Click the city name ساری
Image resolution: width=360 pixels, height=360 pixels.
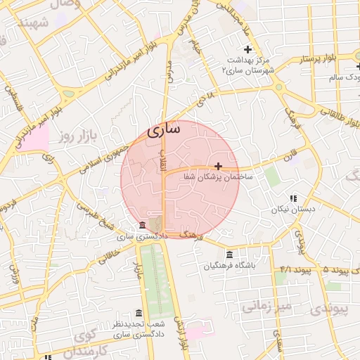[165, 129]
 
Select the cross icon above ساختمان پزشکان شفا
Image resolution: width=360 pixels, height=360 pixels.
[219, 167]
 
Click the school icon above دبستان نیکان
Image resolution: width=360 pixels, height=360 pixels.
[293, 199]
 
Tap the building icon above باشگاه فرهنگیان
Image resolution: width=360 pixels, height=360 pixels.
[230, 255]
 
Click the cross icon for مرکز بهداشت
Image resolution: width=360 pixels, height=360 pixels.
[247, 49]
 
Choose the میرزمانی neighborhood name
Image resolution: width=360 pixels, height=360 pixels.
[266, 306]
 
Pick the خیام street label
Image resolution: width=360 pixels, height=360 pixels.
[196, 49]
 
